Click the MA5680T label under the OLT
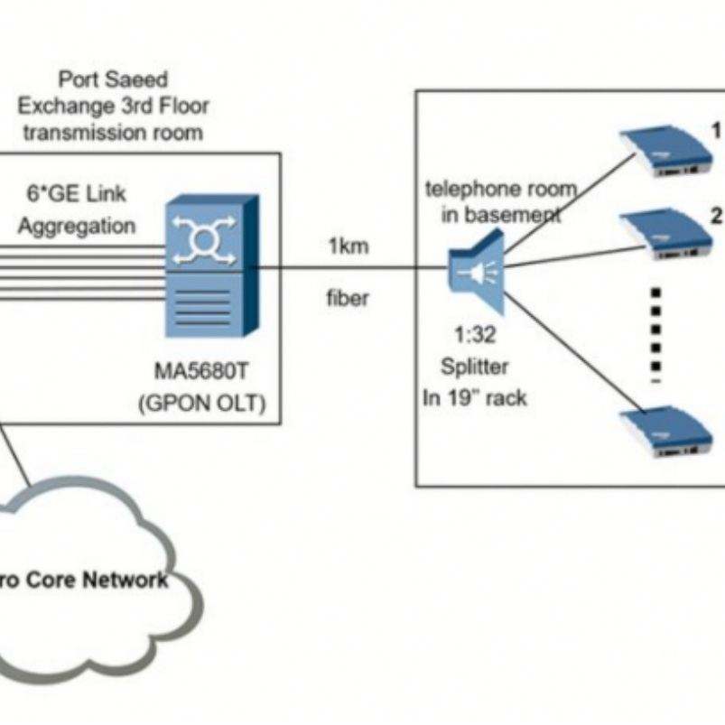click(x=202, y=372)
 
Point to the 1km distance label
click(x=348, y=246)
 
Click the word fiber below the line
click(x=348, y=298)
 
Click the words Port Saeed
click(x=113, y=79)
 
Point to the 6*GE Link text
click(x=77, y=194)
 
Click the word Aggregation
click(x=77, y=226)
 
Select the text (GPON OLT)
click(x=202, y=404)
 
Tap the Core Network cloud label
click(x=86, y=580)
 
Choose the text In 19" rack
click(x=475, y=397)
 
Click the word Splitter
click(x=475, y=367)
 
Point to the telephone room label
click(x=500, y=190)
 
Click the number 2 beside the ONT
click(x=716, y=216)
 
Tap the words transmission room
click(x=113, y=133)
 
